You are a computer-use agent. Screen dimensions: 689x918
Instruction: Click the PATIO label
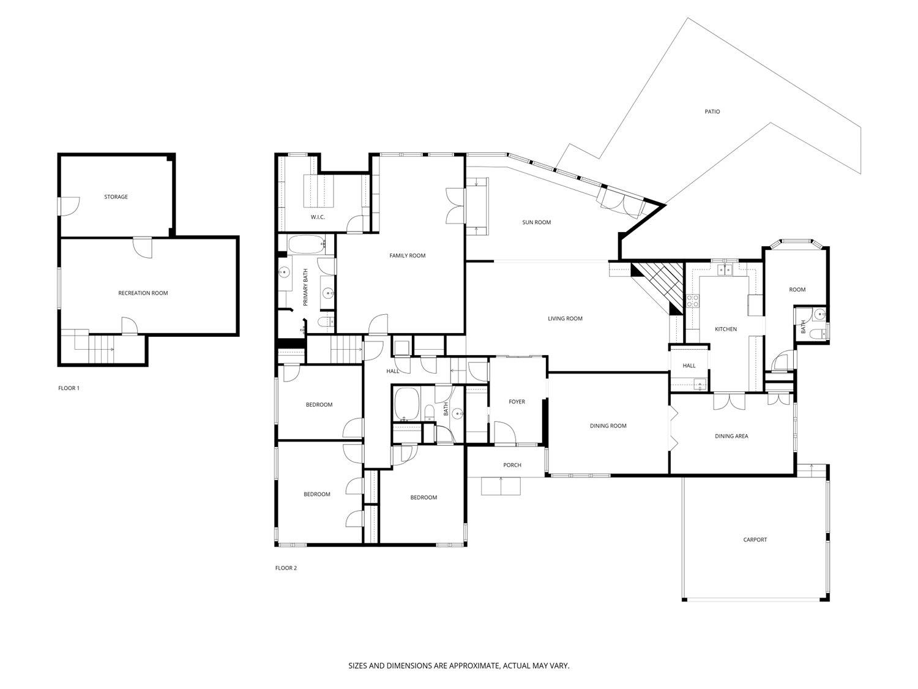pyautogui.click(x=712, y=111)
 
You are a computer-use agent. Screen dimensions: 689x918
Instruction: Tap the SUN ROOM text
pyautogui.click(x=536, y=222)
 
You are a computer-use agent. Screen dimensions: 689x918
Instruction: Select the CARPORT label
pyautogui.click(x=755, y=540)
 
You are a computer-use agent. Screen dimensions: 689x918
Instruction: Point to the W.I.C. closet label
pyautogui.click(x=317, y=217)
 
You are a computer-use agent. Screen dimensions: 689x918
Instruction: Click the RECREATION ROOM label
pyautogui.click(x=143, y=293)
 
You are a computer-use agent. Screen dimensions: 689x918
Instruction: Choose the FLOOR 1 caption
pyautogui.click(x=69, y=388)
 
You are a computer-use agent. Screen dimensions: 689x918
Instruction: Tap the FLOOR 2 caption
pyautogui.click(x=286, y=568)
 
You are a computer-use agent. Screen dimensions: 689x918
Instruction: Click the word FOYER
pyautogui.click(x=517, y=402)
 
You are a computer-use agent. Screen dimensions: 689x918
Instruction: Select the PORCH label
pyautogui.click(x=512, y=465)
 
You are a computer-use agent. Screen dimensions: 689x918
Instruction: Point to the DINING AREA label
pyautogui.click(x=731, y=436)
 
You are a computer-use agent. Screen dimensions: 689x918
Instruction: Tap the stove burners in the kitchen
pyautogui.click(x=693, y=300)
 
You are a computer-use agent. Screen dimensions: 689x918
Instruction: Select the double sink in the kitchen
pyautogui.click(x=725, y=269)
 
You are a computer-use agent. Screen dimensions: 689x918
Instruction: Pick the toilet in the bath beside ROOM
pyautogui.click(x=817, y=333)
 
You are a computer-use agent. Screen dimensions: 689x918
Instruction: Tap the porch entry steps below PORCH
pyautogui.click(x=501, y=486)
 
